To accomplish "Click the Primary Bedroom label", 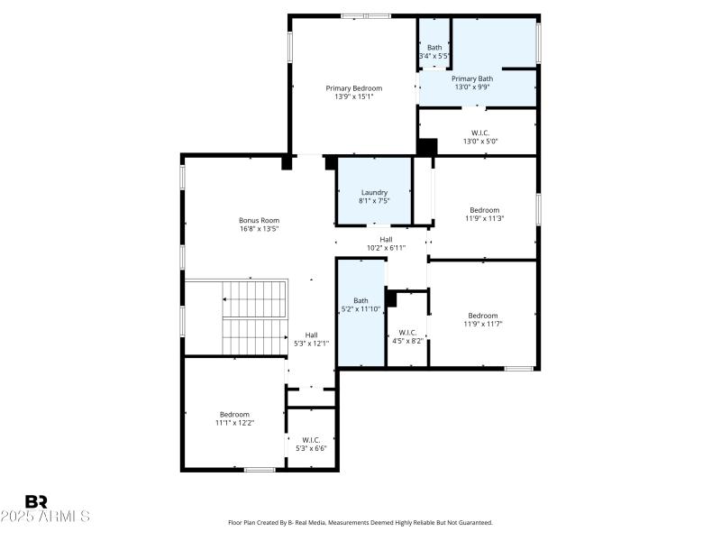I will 354,87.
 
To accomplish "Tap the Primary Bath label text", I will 472,78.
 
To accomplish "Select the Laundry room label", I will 374,192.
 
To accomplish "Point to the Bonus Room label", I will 259,220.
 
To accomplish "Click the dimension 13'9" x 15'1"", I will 354,96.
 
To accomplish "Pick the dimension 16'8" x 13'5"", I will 259,229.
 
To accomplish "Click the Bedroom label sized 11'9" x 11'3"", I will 484,209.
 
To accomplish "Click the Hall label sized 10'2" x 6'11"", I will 386,239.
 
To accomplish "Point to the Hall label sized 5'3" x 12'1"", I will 311,335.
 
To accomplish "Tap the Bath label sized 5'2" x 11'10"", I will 360,300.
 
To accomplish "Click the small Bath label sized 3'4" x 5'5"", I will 434,47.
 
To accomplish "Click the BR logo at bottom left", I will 37,501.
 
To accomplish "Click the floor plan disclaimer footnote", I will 360,522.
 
